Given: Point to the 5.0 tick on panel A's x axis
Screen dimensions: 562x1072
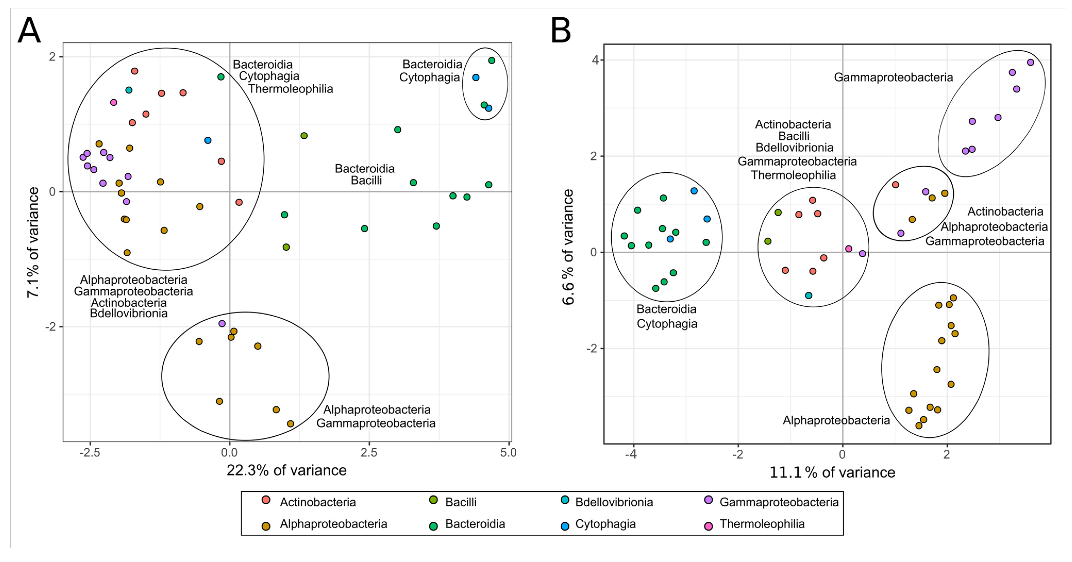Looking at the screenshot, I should coord(508,452).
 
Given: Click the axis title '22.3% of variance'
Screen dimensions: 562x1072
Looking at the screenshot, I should coord(286,471).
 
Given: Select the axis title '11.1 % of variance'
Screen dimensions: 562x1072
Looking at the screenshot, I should coord(832,473).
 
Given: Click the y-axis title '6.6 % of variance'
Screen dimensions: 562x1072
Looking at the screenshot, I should coord(568,247).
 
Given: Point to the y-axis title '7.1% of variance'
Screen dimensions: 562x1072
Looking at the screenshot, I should coord(33,242).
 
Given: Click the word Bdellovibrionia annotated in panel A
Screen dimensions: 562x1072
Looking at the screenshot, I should coord(129,313).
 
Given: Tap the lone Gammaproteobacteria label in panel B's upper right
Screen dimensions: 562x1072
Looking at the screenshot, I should coord(893,77).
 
